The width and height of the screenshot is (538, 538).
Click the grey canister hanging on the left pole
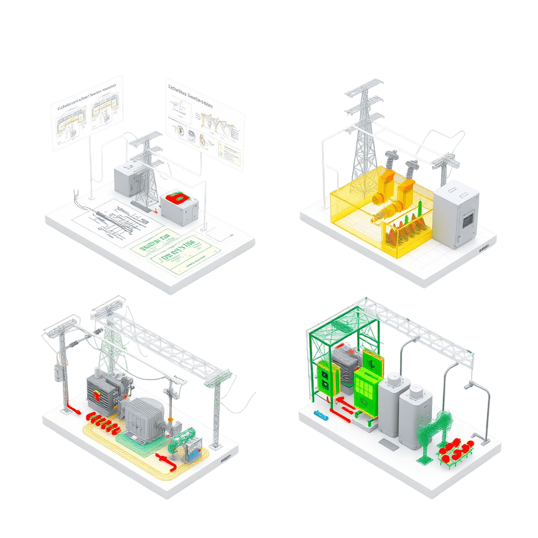tap(57, 373)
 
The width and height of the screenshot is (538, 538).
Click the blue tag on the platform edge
tap(318, 414)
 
